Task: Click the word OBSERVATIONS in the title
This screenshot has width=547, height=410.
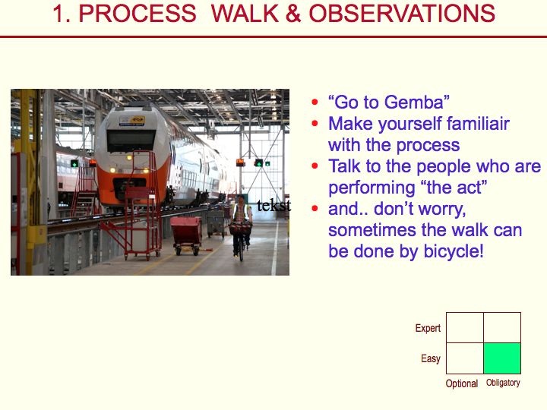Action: (402, 14)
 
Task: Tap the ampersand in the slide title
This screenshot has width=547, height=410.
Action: (293, 14)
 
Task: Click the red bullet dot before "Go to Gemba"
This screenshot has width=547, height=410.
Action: (315, 102)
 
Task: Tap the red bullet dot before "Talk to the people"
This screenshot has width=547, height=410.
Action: (315, 166)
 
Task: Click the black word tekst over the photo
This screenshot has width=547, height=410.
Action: (273, 205)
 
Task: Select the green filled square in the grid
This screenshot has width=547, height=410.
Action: (502, 358)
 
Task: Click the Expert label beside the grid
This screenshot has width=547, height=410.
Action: (428, 328)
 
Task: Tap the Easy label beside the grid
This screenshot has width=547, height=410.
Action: (431, 358)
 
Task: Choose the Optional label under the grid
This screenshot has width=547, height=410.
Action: (462, 383)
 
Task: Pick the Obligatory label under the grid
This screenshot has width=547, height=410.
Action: (503, 383)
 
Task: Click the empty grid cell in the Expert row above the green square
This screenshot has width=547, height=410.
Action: (502, 328)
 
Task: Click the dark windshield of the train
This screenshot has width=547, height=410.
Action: (131, 140)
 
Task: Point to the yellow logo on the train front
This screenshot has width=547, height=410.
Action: (132, 121)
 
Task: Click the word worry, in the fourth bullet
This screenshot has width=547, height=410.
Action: (441, 210)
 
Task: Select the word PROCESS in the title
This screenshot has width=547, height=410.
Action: (138, 14)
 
